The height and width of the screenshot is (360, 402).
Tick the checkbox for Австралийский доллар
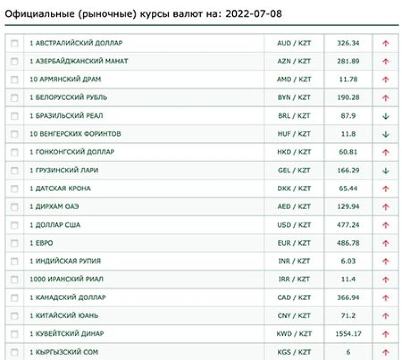point(14,43)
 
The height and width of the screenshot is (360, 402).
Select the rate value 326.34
point(348,43)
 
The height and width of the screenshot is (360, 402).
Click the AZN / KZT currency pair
point(294,61)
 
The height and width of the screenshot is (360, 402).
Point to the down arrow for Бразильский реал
point(385,116)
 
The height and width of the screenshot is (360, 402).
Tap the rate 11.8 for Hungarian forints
point(348,134)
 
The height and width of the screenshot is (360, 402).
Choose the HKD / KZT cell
point(294,152)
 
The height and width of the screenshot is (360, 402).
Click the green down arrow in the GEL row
point(385,171)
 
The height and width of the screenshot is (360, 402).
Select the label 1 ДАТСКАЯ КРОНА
point(60,189)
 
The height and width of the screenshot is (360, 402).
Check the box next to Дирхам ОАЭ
point(14,207)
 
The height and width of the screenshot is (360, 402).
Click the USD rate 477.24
point(348,225)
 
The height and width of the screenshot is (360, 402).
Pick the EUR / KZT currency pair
point(294,243)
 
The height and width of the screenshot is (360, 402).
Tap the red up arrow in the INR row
point(385,261)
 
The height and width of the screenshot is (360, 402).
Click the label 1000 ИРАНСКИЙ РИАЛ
point(66,279)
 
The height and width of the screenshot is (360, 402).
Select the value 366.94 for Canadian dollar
point(348,298)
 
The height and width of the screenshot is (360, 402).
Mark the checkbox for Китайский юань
point(14,316)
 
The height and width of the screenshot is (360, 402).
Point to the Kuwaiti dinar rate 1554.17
point(348,334)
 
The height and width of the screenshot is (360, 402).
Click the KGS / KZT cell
point(294,352)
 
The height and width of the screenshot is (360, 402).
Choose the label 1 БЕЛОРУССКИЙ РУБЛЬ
point(68,98)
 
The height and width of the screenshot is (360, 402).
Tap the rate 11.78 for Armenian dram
point(348,79)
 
